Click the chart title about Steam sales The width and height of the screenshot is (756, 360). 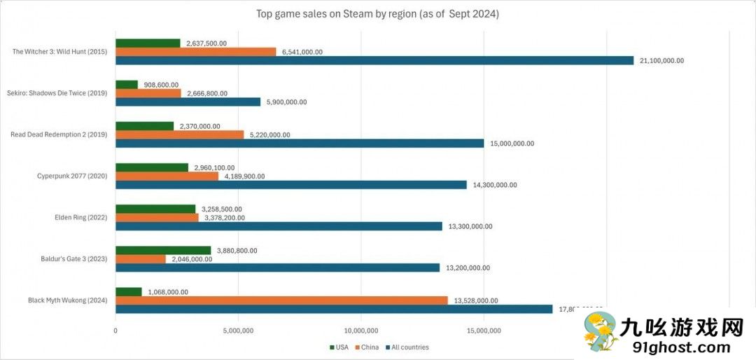coord(378,14)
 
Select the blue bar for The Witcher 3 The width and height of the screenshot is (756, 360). coord(374,61)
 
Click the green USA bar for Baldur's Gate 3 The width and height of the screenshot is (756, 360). coord(163,250)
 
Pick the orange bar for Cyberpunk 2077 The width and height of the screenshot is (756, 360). coord(167,176)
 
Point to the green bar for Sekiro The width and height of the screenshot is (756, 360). coord(127,84)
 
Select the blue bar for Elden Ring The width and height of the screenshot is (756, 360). coord(279,226)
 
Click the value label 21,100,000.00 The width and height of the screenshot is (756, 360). coord(661,61)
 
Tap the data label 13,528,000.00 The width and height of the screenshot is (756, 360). coord(476,300)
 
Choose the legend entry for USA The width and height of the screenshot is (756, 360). coord(339,347)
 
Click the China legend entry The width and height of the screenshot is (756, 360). coord(368,347)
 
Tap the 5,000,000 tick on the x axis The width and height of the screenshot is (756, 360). coord(238,331)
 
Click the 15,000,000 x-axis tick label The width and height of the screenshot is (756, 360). coord(484,331)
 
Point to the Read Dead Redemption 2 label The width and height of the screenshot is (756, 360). coord(59,134)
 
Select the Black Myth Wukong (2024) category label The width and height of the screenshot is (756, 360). coord(67,300)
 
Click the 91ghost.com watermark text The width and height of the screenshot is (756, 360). coord(674,347)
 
